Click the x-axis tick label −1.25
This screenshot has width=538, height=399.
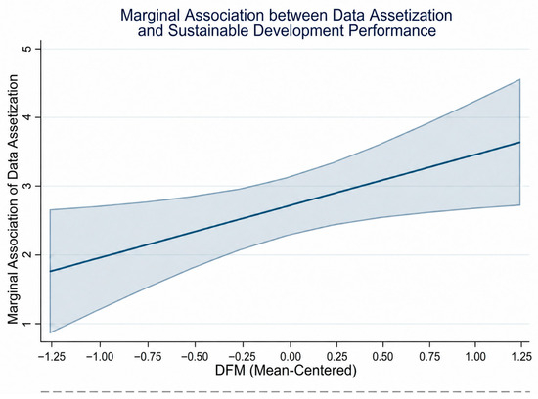pos(52,357)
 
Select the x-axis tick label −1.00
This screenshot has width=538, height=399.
pos(100,357)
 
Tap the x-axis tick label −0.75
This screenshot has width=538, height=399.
pos(148,357)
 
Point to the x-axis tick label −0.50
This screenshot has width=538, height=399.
pos(195,357)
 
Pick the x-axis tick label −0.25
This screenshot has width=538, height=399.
pos(242,357)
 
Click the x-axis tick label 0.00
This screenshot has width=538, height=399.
pos(291,357)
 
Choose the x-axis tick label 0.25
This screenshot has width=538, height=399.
pos(336,357)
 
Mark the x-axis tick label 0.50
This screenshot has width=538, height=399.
pos(382,357)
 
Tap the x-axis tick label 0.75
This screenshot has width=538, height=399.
pos(429,357)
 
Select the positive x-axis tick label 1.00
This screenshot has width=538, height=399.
pos(475,357)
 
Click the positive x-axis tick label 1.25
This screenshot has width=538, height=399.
pos(521,357)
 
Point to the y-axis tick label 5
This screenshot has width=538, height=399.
pos(27,49)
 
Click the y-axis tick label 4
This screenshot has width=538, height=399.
pos(27,117)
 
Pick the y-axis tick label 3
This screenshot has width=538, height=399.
pos(27,186)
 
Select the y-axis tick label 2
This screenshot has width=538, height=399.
pos(27,254)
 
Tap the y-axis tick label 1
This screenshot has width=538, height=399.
pos(27,323)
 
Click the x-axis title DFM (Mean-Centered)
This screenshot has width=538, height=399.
pos(286,371)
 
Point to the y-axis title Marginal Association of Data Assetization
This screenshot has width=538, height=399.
pos(13,199)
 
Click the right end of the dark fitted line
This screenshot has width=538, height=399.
pos(520,142)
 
